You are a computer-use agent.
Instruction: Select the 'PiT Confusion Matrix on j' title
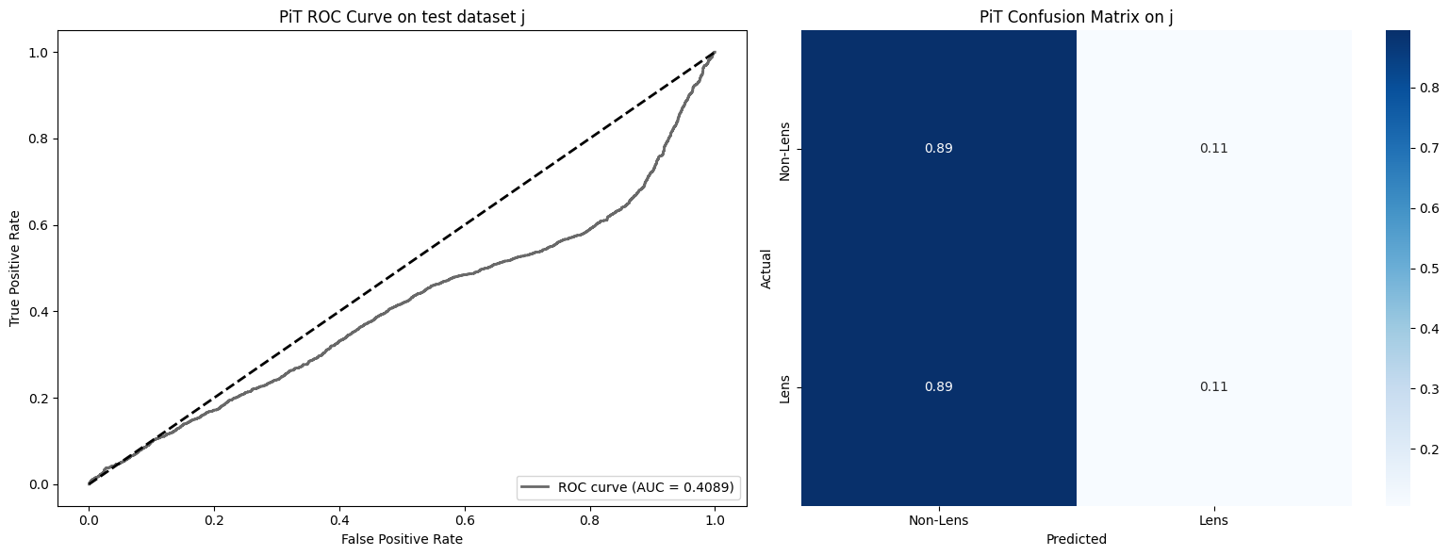pos(1076,17)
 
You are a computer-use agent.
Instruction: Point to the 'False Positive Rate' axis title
pos(402,539)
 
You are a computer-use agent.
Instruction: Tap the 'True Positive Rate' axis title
pos(15,269)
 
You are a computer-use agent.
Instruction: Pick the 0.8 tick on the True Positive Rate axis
pos(35,139)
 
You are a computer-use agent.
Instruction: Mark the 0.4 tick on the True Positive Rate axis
pos(35,311)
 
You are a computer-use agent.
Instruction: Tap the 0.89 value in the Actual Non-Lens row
pos(938,149)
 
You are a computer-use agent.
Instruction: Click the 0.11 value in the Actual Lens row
pos(1213,387)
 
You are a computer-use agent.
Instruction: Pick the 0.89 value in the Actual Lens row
pos(938,387)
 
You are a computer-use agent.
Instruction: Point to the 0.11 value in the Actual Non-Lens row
pos(1213,149)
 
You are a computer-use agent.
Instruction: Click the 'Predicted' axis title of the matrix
pos(1076,540)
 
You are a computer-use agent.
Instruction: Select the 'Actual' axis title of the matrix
pos(766,269)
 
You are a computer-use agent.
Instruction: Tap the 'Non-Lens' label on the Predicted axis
pos(938,520)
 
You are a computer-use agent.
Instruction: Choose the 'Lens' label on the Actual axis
pos(784,387)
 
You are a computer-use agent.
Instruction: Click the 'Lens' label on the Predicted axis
pos(1213,520)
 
